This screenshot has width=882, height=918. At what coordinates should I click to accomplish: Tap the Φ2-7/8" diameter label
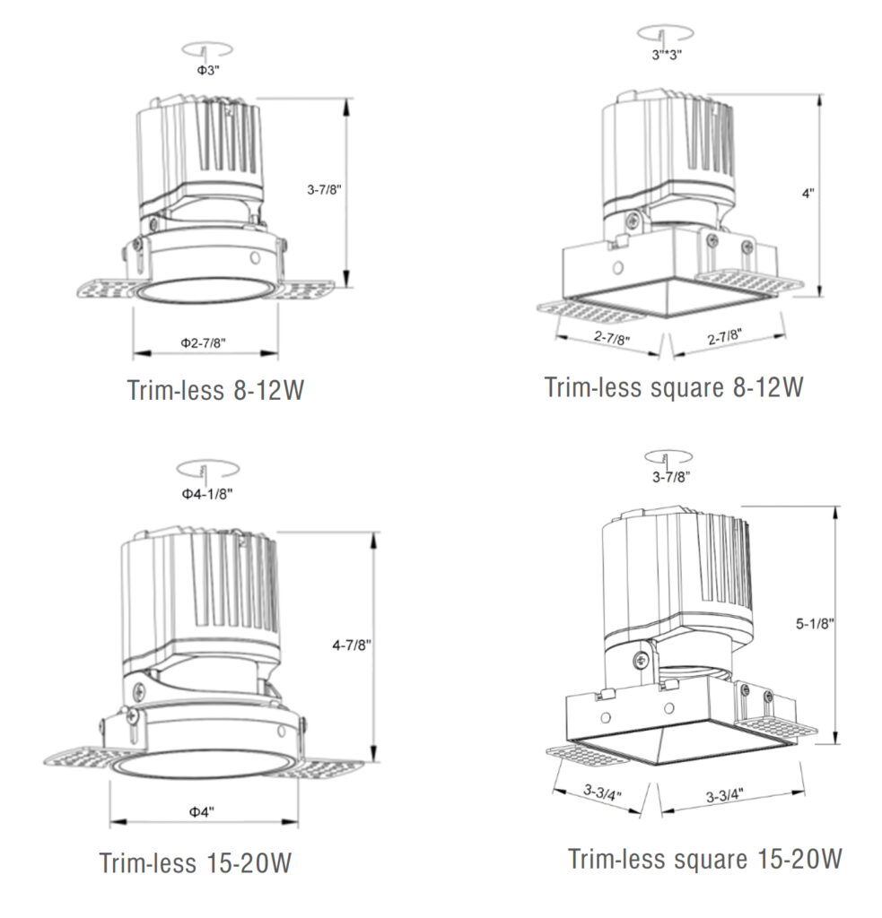tap(203, 342)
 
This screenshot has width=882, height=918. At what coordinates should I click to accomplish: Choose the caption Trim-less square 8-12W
tap(673, 387)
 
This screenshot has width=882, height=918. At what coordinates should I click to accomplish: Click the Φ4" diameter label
tap(201, 811)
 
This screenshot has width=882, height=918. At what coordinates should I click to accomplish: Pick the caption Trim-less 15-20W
tap(196, 863)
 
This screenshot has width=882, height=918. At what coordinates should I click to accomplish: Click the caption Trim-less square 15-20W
tap(705, 858)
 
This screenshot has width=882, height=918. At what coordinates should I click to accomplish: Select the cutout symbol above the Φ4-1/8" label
tap(207, 469)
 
